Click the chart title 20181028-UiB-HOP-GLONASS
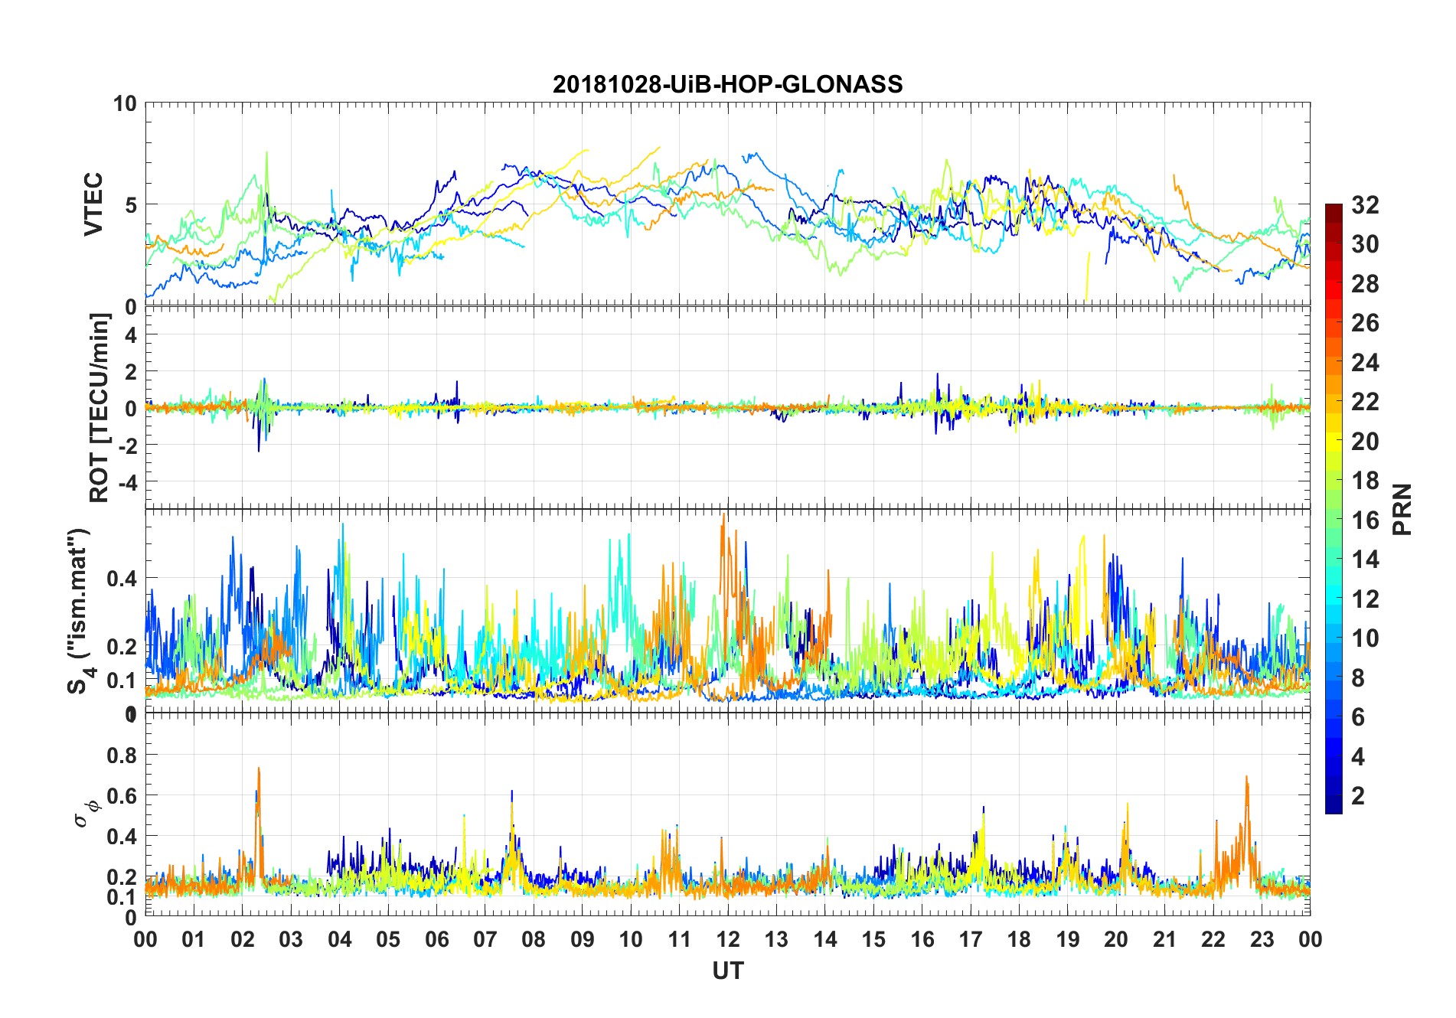coord(727,84)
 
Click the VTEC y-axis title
coord(93,204)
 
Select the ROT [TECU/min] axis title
coord(100,408)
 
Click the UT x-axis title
coord(727,971)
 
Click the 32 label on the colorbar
coord(1365,205)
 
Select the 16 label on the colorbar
coord(1365,520)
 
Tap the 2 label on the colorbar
coord(1358,796)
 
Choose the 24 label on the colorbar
coord(1365,363)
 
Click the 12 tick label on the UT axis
coord(727,939)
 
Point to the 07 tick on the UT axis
coord(485,939)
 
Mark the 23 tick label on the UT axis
coord(1262,939)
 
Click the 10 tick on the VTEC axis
coord(125,103)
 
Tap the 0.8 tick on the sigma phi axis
coord(121,755)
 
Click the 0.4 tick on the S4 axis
coord(121,578)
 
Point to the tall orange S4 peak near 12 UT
coord(723,517)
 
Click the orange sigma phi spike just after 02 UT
coord(259,770)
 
